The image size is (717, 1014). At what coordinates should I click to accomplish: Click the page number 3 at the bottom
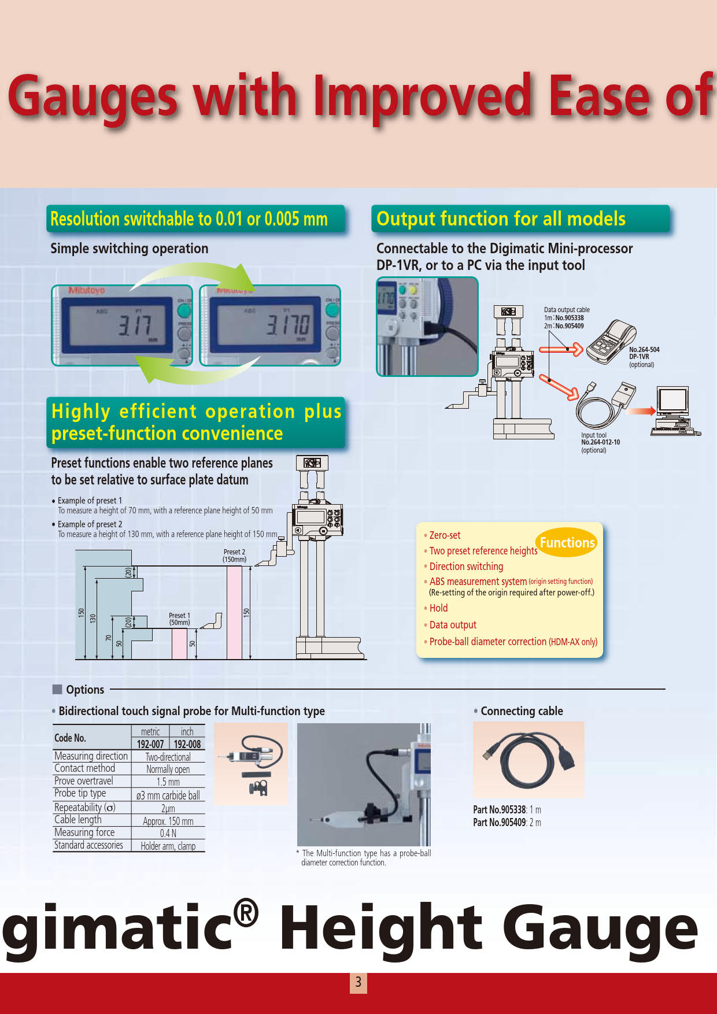358,982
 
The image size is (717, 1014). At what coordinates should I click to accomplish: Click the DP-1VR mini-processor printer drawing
610,343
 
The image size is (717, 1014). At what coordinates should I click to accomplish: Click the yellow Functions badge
567,542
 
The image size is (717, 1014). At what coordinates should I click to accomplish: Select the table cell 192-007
150,744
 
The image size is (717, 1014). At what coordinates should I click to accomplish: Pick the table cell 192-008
187,744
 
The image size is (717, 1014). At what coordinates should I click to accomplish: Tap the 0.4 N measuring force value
168,833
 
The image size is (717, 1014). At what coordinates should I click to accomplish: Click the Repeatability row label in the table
85,807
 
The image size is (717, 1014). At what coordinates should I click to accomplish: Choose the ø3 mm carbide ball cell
168,795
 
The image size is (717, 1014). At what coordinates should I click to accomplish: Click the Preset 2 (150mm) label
234,556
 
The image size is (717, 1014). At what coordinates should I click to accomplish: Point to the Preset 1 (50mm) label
179,619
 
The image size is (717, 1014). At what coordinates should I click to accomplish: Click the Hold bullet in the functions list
438,608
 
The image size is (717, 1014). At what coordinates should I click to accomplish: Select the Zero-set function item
445,535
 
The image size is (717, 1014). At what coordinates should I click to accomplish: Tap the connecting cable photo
528,760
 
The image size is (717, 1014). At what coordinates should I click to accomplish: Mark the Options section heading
84,690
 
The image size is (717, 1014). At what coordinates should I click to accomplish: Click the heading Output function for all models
501,219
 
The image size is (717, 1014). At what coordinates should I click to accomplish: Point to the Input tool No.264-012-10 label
600,442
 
